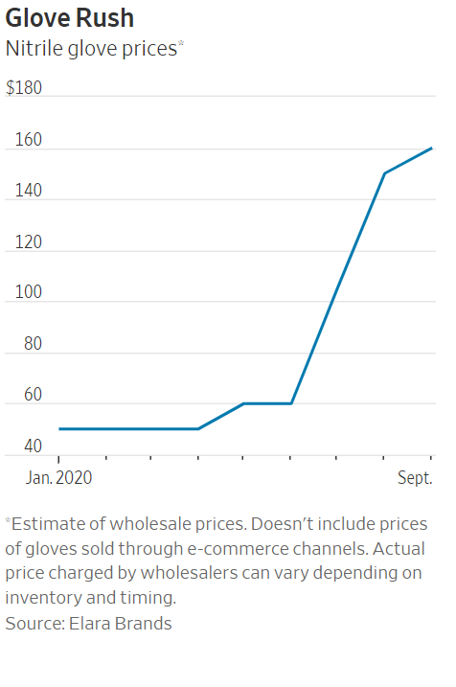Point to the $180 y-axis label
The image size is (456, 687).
pos(25,87)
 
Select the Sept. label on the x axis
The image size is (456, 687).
pos(415,476)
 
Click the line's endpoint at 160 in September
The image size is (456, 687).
pos(431,149)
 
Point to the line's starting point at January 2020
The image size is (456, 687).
pos(59,428)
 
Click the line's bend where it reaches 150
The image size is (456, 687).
pos(384,173)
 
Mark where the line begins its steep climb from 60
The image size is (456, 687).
pos(291,403)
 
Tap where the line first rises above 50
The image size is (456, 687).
pos(198,428)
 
